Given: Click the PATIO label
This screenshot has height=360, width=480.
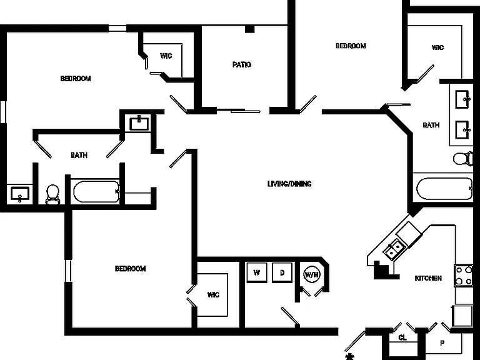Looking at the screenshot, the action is [241, 64].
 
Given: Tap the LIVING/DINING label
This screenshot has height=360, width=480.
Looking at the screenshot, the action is [289, 184].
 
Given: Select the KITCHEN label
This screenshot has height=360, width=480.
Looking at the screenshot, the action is [428, 278].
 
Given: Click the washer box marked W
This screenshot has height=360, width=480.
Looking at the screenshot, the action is [256, 272].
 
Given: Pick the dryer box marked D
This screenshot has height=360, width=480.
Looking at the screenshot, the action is [282, 272].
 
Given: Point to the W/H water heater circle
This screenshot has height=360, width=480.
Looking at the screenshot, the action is [312, 274].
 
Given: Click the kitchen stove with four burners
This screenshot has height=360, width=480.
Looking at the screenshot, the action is [464, 276].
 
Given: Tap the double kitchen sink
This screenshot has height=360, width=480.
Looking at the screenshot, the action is [394, 249].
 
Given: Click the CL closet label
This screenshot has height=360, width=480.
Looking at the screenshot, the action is [402, 337].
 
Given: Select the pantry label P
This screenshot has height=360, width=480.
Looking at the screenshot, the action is [442, 343].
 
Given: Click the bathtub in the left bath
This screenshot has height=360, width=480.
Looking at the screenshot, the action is [96, 192].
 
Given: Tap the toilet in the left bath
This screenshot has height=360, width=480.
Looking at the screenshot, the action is [52, 194].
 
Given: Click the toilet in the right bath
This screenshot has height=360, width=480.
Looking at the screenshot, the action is [463, 159].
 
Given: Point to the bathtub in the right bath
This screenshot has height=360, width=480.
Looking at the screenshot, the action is [444, 189].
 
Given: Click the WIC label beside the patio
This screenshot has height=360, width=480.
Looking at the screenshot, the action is [166, 56].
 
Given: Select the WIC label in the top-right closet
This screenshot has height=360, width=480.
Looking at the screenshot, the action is [437, 47].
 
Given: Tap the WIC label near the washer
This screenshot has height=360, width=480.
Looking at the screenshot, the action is [213, 294].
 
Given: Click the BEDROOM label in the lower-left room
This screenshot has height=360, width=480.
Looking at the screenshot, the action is [130, 269].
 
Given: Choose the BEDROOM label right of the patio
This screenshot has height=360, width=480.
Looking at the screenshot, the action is [351, 46].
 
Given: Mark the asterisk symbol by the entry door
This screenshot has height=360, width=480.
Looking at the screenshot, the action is [349, 357].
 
